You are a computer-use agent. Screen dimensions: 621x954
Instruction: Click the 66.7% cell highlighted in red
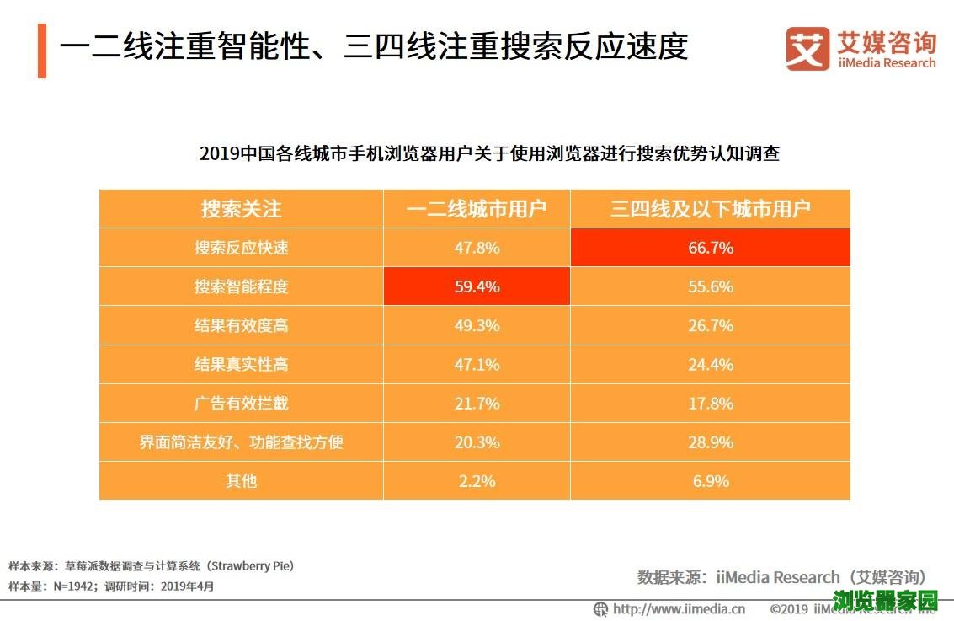[710, 248]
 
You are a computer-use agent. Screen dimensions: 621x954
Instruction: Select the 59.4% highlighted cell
[477, 286]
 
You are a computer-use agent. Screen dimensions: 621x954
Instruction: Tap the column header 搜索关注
[241, 209]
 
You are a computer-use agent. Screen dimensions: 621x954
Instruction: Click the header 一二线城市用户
[477, 209]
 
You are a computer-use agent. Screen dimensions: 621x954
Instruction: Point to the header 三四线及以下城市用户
[710, 209]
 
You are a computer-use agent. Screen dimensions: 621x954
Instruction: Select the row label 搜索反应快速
[241, 248]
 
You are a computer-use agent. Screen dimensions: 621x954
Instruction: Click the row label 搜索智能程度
[241, 286]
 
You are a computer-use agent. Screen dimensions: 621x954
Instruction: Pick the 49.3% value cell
[477, 325]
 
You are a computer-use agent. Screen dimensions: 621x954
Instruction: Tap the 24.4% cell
[710, 364]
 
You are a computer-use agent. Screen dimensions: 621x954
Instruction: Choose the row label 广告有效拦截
[241, 403]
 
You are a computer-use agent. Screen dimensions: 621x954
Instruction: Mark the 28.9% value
[710, 442]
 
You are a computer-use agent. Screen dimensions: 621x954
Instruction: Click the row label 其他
[241, 481]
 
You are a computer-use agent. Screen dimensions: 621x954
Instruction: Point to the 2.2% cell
[477, 481]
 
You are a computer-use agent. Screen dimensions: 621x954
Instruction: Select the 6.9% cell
[710, 481]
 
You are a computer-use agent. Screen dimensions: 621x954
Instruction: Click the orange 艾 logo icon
[807, 49]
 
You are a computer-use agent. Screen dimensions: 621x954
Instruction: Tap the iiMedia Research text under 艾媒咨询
[887, 63]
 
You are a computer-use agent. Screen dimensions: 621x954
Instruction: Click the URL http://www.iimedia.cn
[679, 608]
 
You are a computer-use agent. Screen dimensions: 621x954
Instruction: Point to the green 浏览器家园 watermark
[885, 601]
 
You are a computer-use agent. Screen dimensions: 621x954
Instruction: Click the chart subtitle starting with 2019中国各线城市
[489, 154]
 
